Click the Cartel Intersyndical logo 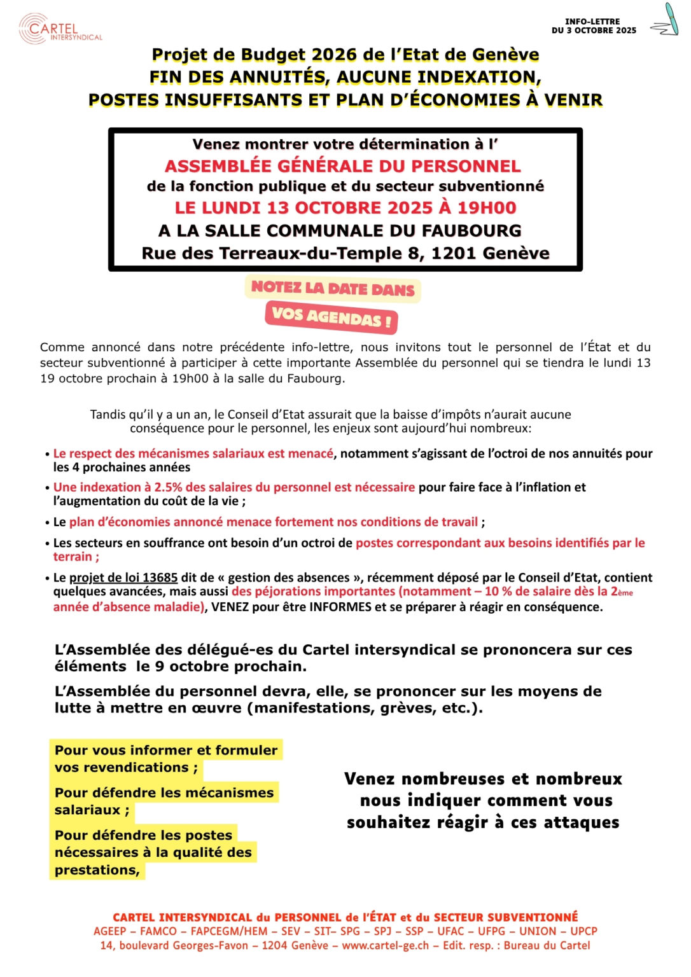(60, 29)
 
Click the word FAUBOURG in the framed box (472, 230)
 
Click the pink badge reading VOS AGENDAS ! (332, 316)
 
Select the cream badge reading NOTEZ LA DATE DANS (332, 289)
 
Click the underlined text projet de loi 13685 (123, 578)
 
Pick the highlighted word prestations (97, 870)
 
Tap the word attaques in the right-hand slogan (582, 822)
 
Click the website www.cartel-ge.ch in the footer (385, 945)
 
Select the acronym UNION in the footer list (538, 931)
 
